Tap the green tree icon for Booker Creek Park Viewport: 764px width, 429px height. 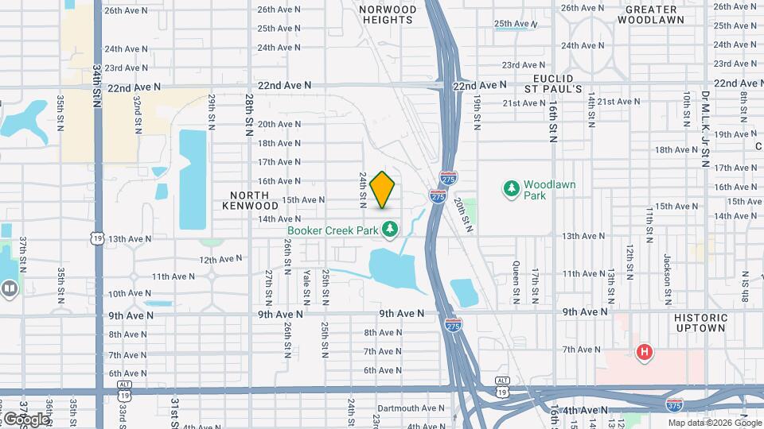(390, 230)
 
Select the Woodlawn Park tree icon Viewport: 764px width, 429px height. (511, 189)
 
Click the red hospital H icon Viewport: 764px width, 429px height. (645, 351)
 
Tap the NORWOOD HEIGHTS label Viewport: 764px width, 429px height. (388, 14)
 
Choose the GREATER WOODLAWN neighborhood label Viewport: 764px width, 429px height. (656, 14)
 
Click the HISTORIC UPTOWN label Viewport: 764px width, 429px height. (700, 323)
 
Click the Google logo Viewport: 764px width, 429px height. (25, 419)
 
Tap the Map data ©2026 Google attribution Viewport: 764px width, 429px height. (715, 423)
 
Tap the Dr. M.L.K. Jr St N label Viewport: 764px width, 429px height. (704, 128)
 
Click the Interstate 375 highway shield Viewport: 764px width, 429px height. (675, 404)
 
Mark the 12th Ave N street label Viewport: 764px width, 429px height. (220, 259)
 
